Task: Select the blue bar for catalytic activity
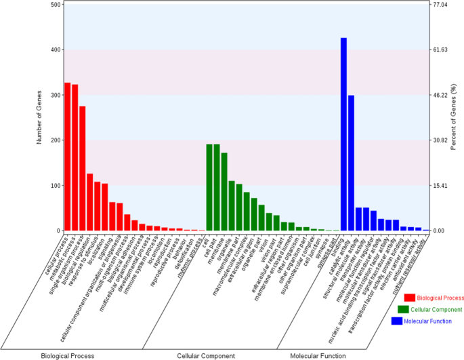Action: (x=351, y=163)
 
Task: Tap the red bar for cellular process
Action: (x=68, y=157)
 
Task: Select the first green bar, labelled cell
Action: (x=209, y=187)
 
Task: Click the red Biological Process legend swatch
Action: (x=408, y=297)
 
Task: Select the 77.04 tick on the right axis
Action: (x=441, y=5)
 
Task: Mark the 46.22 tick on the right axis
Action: (x=441, y=96)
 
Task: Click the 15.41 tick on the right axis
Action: (x=441, y=186)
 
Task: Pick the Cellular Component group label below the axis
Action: (x=206, y=355)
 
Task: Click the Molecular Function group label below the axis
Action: (x=318, y=355)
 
